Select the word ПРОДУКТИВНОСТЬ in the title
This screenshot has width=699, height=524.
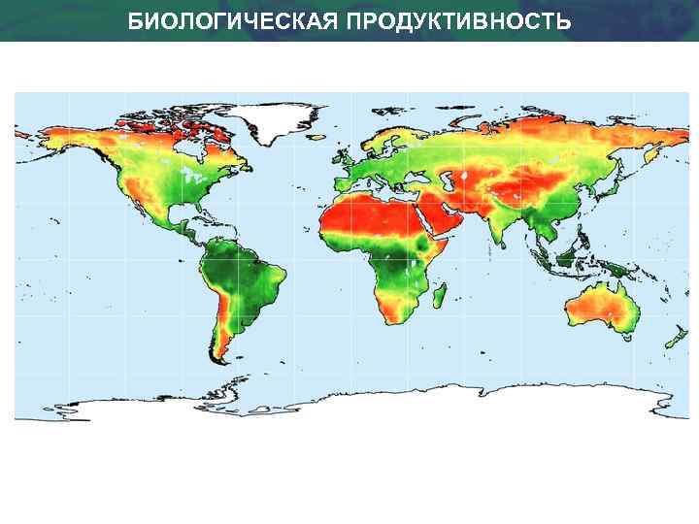pyautogui.click(x=454, y=20)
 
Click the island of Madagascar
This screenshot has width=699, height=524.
pyautogui.click(x=439, y=290)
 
